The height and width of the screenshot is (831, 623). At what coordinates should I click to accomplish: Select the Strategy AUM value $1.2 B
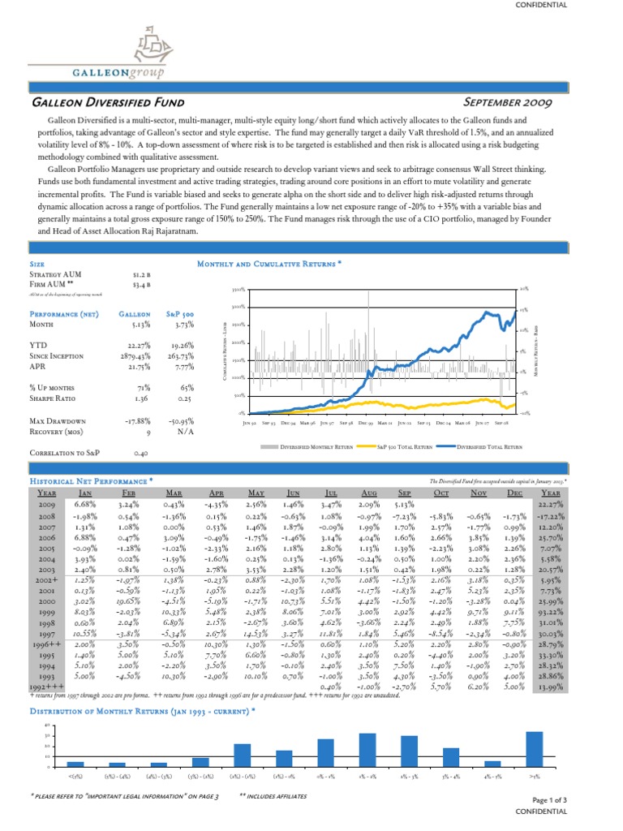(x=144, y=274)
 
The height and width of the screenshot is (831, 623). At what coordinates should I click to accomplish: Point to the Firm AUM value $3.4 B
(x=144, y=284)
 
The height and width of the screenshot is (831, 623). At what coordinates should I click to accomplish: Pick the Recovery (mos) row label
(x=57, y=431)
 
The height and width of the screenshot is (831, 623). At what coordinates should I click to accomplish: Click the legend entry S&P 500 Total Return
(x=396, y=446)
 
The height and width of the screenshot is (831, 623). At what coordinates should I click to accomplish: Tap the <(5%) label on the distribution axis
(x=75, y=777)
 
